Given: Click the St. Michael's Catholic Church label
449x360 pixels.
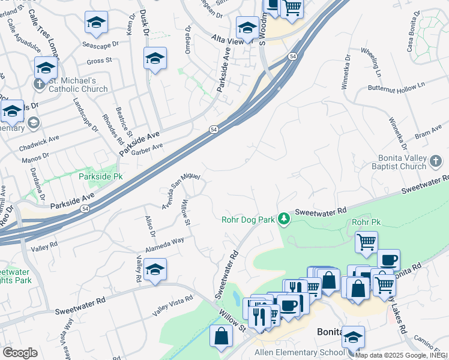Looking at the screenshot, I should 79,85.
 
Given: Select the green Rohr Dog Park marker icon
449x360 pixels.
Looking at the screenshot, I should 285,220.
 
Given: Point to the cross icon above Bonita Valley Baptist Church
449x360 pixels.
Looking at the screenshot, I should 436,161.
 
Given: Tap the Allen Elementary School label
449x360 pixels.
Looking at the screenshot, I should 299,352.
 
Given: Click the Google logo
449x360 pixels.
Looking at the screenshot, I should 20,353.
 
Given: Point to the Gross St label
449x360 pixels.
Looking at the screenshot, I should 100,61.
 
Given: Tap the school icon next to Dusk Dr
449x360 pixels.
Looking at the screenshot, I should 155,58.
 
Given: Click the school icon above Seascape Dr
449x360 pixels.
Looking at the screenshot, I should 95,23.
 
